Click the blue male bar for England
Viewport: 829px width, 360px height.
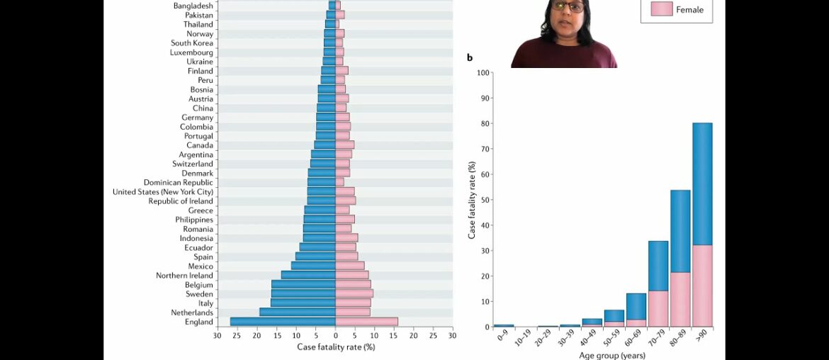pyautogui.click(x=283, y=322)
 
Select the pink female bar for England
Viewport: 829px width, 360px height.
pyautogui.click(x=366, y=322)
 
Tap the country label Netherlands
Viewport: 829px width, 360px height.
pyautogui.click(x=192, y=313)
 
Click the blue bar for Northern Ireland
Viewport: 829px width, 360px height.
pyautogui.click(x=308, y=275)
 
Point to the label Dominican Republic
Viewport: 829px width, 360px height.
pyautogui.click(x=179, y=183)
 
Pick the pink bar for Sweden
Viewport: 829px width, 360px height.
pyautogui.click(x=354, y=293)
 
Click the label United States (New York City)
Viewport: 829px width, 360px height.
pyautogui.click(x=163, y=192)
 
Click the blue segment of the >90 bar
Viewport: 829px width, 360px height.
pyautogui.click(x=703, y=184)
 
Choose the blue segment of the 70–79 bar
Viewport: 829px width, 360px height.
pyautogui.click(x=659, y=266)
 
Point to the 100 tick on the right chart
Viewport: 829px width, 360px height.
pyautogui.click(x=483, y=72)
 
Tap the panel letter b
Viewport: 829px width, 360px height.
pyautogui.click(x=469, y=57)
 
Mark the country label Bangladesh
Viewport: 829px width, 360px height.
pyautogui.click(x=193, y=6)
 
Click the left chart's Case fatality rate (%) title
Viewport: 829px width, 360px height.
pyautogui.click(x=336, y=347)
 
